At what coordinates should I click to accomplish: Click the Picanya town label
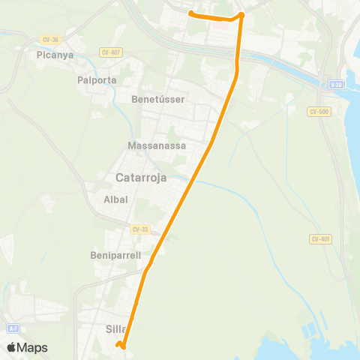point(52,55)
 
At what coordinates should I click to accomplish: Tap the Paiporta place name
point(94,79)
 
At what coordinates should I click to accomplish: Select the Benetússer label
point(157,99)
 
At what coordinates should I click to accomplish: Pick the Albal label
point(115,199)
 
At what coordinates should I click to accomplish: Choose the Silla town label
point(113,328)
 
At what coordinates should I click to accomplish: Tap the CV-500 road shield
point(318,111)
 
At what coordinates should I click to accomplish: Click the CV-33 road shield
point(139,229)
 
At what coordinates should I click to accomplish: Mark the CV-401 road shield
point(319,238)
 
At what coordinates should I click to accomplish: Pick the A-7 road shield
point(13,328)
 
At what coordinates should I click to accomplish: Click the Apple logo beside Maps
point(12,347)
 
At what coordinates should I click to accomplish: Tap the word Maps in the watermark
point(33,347)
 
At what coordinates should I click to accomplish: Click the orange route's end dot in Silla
point(119,344)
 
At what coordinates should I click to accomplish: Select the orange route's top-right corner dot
point(241,15)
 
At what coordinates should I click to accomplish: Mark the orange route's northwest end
point(190,13)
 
